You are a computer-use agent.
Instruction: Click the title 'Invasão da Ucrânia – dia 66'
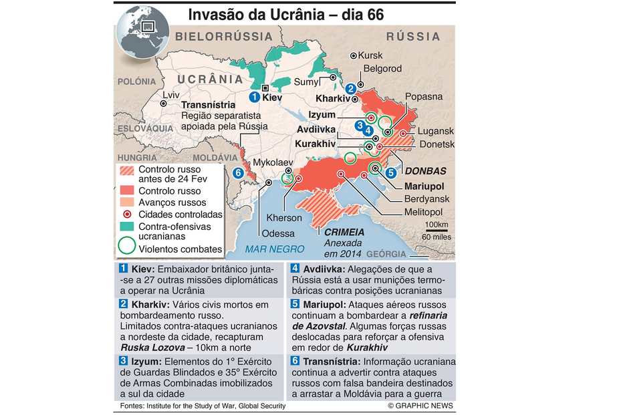[285, 14]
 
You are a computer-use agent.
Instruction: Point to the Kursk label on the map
[370, 55]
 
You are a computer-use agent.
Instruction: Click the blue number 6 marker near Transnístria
[238, 173]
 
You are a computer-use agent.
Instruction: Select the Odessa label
[278, 233]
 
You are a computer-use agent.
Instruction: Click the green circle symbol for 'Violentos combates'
[126, 248]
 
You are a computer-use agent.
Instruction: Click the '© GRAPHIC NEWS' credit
[420, 406]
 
